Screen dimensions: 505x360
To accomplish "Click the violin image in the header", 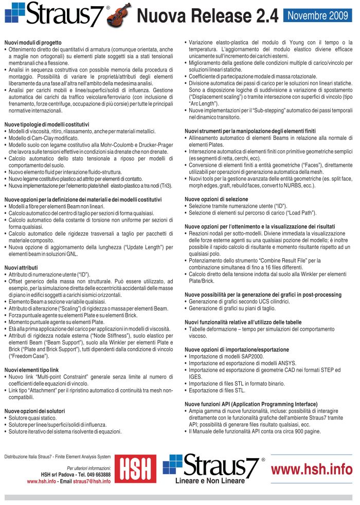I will (120, 15).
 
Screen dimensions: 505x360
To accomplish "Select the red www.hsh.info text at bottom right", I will (312, 469).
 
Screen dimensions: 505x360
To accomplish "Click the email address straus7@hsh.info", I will (92, 481).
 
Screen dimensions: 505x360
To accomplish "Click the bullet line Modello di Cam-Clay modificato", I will (51, 138).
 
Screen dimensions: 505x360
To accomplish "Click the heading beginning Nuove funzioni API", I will (251, 404).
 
